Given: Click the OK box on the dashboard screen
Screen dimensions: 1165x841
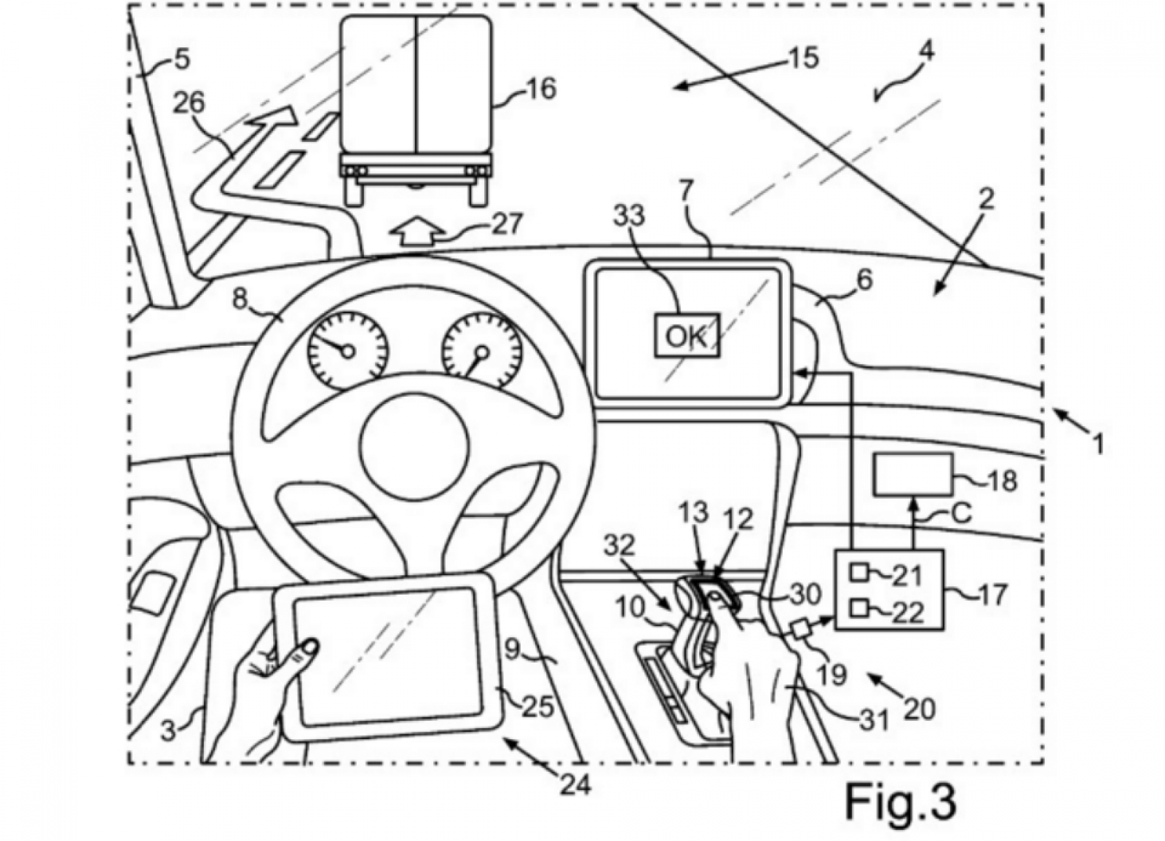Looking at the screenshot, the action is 687,336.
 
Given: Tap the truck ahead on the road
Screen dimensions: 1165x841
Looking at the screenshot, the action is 416,110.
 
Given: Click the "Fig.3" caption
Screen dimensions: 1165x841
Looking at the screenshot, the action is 900,802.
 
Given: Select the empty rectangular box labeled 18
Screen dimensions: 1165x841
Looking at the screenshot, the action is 913,474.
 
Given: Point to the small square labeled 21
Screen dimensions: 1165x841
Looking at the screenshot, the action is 856,572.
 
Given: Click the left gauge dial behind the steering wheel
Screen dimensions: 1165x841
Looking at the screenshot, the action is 348,351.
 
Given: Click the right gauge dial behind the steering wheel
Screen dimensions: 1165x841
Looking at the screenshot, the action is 481,351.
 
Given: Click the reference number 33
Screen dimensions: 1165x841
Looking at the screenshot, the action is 629,216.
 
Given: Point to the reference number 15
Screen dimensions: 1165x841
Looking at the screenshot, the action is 804,59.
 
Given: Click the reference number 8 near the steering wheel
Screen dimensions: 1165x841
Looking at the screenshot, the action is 240,300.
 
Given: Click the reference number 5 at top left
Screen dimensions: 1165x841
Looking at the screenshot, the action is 181,60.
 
